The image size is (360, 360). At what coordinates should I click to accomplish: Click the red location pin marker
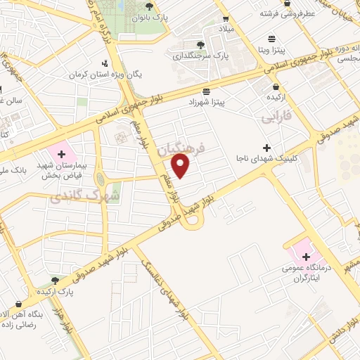point(181,166)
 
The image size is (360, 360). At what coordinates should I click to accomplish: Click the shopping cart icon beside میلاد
point(226,19)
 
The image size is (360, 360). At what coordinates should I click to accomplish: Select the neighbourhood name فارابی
point(276,116)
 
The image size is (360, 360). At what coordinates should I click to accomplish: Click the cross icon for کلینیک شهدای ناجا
point(266,148)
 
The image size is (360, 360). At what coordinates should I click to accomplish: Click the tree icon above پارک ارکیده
point(54,279)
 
